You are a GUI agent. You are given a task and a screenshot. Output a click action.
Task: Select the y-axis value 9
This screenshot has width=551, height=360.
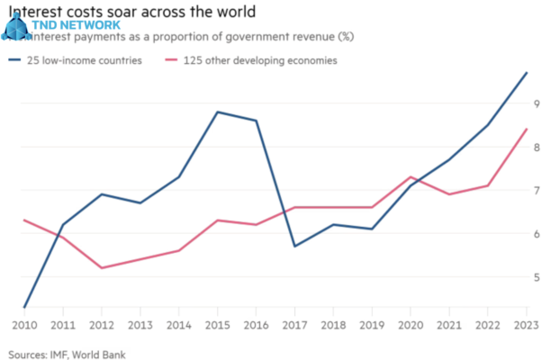point(538,103)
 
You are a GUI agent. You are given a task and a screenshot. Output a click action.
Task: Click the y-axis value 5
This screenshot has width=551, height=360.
point(538,277)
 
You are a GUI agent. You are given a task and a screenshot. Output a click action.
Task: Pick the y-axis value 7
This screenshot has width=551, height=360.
point(538,191)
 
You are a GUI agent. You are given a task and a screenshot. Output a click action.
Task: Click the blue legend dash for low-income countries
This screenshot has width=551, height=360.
point(15,61)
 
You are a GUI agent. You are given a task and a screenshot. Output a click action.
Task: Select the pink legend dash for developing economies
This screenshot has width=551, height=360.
point(172,61)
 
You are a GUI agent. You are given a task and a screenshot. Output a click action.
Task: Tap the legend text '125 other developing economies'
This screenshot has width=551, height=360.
point(260,61)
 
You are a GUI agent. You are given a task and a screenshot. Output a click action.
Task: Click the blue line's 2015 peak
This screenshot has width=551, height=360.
point(217,112)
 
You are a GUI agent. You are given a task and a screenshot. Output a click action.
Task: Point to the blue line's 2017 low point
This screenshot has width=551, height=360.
point(294,246)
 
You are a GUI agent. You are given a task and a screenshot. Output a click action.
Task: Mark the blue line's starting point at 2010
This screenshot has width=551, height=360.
point(23,307)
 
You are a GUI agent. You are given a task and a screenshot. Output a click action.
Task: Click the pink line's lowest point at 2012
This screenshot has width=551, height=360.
point(101,267)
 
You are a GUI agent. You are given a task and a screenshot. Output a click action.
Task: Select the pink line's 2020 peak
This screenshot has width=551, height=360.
point(411,177)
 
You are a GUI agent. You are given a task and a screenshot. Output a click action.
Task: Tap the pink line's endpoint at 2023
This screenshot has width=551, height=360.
point(527,129)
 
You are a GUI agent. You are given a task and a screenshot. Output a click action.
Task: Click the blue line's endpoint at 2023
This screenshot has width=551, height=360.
point(527,72)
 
